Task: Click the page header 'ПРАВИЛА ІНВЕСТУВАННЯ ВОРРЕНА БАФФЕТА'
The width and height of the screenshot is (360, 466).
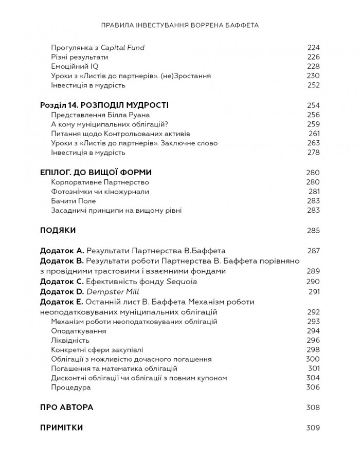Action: tap(180, 24)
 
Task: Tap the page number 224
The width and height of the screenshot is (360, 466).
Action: tap(313, 48)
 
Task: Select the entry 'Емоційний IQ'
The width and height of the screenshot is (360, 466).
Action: tap(75, 66)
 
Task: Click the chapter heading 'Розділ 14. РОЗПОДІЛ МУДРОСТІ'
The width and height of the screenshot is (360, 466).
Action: tap(104, 105)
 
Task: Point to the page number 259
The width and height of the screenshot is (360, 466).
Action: tap(313, 124)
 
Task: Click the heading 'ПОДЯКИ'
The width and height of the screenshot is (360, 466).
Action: tap(58, 230)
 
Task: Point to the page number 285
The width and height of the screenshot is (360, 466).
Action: tap(313, 230)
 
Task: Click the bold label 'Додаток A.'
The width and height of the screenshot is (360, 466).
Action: tap(62, 251)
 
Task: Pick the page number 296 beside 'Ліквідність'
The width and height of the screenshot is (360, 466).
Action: tap(313, 340)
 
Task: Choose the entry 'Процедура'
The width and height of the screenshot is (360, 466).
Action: tap(71, 387)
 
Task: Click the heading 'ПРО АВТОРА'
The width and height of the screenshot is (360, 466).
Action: tap(66, 407)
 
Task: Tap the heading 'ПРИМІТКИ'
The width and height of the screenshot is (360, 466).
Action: tap(61, 427)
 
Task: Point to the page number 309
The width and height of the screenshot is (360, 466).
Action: tap(313, 427)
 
